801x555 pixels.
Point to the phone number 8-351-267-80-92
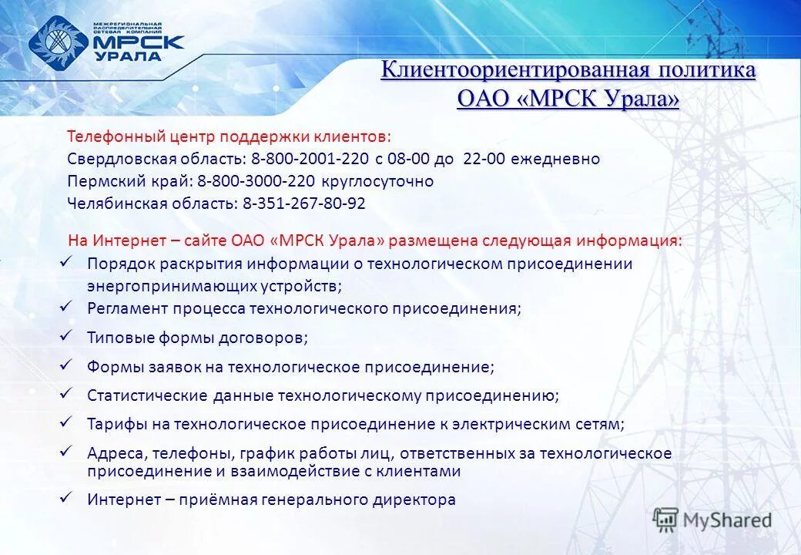[x=304, y=203]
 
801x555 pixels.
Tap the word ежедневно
[x=563, y=159]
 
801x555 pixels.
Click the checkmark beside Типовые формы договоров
[x=66, y=335]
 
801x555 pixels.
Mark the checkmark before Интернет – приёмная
[x=66, y=498]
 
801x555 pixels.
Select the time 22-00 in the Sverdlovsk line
[x=482, y=159]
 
